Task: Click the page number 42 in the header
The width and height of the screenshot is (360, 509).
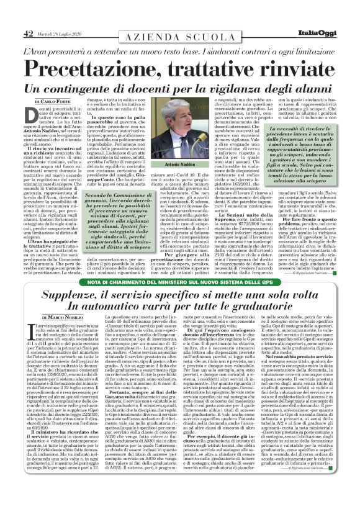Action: pos(28,33)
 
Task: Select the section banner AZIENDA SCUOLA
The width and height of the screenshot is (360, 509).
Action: pos(179,38)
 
